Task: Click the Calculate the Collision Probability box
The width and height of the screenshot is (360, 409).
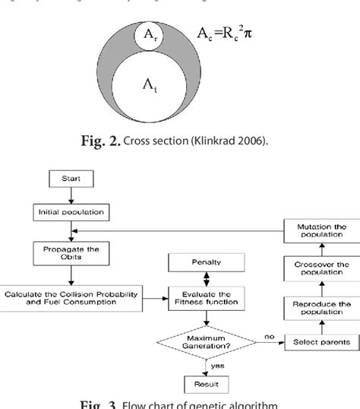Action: [71, 297]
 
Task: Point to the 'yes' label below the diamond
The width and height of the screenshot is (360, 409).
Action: [217, 364]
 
